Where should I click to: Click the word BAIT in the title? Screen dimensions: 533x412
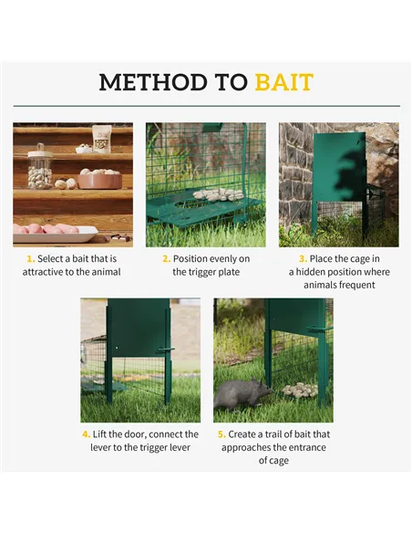click(283, 82)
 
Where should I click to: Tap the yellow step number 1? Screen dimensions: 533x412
click(30, 259)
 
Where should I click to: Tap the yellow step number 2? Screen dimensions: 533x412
click(165, 259)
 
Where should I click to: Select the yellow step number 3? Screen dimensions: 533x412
click(303, 259)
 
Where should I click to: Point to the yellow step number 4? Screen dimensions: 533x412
click(86, 434)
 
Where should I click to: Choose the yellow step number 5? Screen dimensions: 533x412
click(221, 434)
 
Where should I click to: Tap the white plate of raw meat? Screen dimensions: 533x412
click(54, 232)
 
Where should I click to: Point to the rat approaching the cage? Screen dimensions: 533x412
click(242, 394)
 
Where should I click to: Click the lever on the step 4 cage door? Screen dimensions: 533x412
click(164, 349)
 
